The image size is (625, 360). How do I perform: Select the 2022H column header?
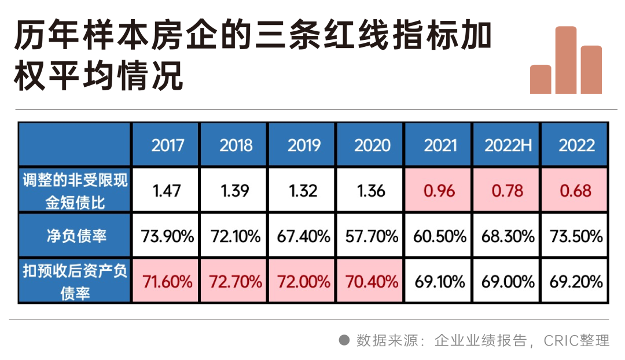click(508, 145)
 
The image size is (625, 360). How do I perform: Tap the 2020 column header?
click(372, 145)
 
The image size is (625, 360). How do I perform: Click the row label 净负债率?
click(75, 236)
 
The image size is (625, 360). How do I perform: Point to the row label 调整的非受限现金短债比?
click(75, 190)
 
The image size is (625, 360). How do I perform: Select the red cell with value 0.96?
click(440, 190)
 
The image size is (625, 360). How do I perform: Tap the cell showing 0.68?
click(576, 190)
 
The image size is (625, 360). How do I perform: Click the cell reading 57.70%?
click(372, 236)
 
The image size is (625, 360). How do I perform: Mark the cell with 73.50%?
click(576, 236)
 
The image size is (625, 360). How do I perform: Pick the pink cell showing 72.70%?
click(234, 282)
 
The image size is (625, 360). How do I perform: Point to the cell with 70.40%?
click(372, 282)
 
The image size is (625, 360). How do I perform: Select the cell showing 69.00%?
click(508, 282)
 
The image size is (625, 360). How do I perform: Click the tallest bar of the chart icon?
click(566, 60)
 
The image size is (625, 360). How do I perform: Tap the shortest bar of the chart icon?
click(541, 79)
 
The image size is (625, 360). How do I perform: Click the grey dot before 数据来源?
click(344, 340)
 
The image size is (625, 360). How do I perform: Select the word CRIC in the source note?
click(560, 340)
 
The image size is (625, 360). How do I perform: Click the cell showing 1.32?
click(303, 190)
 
